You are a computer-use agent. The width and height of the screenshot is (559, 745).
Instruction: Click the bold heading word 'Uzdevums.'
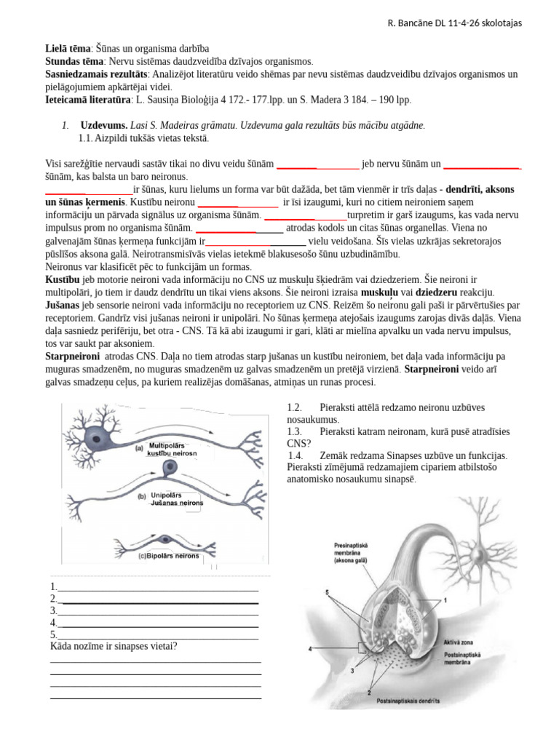coord(103,125)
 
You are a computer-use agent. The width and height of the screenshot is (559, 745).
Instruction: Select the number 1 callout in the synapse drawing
coord(445,599)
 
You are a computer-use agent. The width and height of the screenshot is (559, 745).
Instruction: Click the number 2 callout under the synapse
coord(369,693)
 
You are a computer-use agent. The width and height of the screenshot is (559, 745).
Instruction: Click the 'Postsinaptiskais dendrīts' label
coord(408,703)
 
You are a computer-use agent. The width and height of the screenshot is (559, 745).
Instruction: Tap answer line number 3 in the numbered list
coord(154,611)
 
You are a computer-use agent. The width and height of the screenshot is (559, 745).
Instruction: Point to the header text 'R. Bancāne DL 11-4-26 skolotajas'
coord(454,23)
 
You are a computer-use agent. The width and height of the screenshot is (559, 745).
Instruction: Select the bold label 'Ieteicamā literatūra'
coord(82,100)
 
